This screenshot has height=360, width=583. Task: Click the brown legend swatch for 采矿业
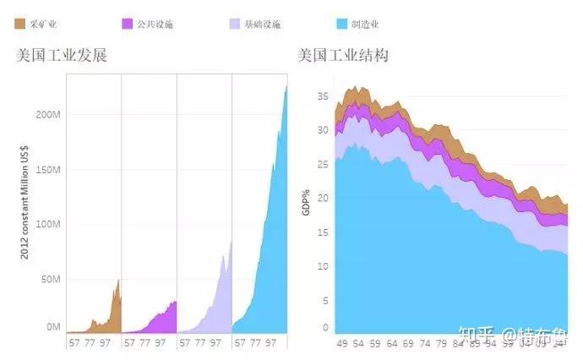[x=21, y=25]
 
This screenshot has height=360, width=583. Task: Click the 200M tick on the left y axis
[x=46, y=114]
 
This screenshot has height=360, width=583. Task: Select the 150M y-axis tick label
[x=46, y=170]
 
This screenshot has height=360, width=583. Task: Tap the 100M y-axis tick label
[x=46, y=224]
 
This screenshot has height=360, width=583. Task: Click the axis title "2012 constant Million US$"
[x=25, y=203]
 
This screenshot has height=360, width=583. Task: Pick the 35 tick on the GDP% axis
[x=322, y=96]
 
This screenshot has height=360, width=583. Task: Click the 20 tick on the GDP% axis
[x=322, y=199]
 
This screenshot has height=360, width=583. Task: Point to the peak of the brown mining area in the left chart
[x=118, y=280]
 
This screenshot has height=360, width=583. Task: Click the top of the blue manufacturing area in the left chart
[x=286, y=86]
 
